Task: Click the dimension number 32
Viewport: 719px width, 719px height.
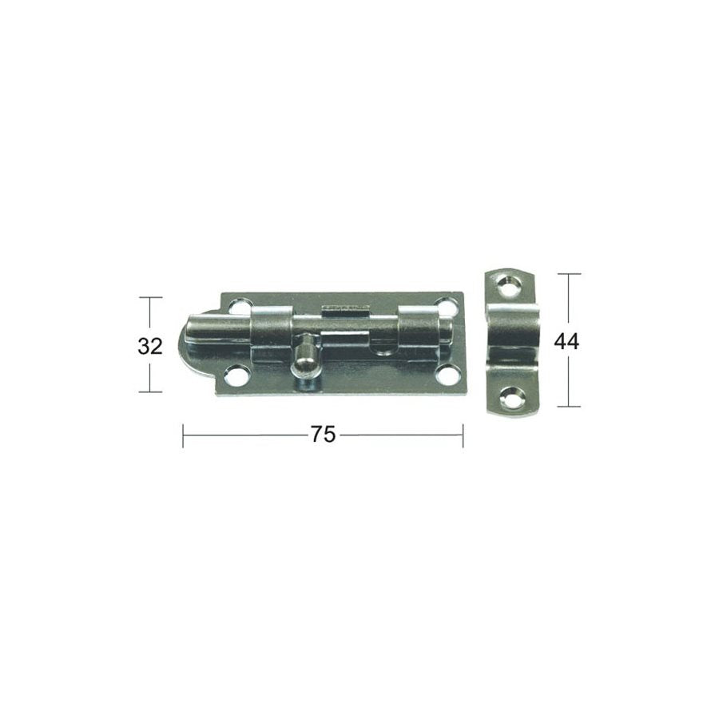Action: pos(150,346)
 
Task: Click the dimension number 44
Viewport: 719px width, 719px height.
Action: pos(566,341)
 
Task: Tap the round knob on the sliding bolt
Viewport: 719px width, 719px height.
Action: pos(304,360)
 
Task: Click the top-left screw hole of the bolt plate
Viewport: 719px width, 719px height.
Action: pos(238,306)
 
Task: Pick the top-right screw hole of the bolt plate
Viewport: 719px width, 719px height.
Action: pos(447,307)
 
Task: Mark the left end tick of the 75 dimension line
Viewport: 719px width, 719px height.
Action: pos(184,435)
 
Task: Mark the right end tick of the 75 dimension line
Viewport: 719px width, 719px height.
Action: pos(463,435)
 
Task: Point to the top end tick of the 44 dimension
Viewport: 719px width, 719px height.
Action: pos(569,274)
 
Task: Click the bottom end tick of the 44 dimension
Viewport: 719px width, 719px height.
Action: pos(569,407)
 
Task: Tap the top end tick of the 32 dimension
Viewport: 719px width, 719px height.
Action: pos(150,297)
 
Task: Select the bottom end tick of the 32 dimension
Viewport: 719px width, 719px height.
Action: pos(150,391)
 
